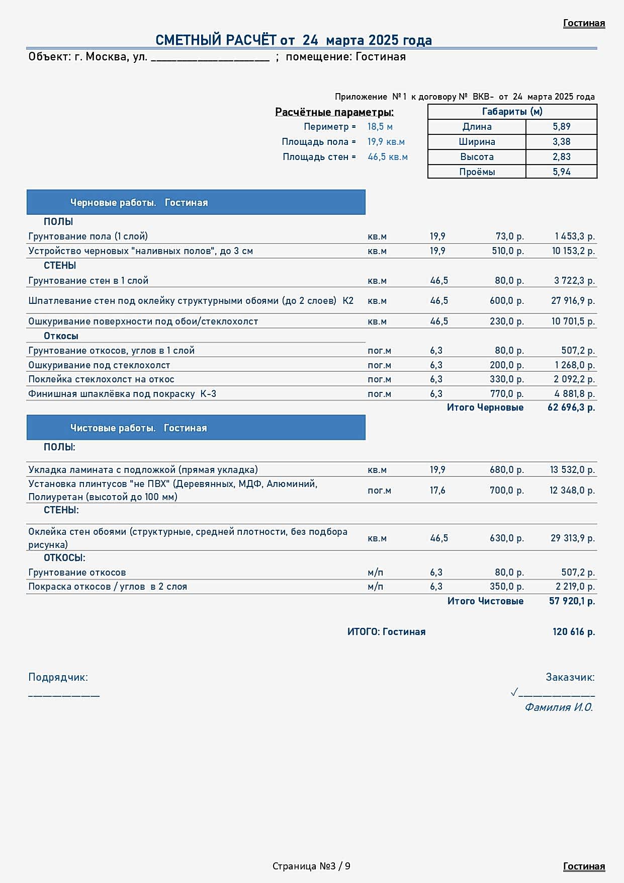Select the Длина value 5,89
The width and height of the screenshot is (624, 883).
pos(561,127)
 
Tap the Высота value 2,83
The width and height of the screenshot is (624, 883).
pos(561,157)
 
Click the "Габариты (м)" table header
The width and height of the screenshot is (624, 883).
pos(512,112)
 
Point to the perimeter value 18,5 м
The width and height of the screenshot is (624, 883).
pos(380,127)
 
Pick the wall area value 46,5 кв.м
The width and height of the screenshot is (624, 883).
pos(387,157)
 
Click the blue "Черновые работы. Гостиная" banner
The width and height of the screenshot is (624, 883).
pos(196,202)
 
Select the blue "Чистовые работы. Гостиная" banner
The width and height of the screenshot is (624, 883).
pos(196,428)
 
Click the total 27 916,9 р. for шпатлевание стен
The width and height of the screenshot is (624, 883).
pos(573,301)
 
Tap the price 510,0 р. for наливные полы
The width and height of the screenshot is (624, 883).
pos(507,251)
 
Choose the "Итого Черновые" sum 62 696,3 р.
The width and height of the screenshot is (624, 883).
pos(571,408)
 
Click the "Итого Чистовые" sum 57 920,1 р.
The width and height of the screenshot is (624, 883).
pos(572,601)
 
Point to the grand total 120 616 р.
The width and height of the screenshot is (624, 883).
pos(573,632)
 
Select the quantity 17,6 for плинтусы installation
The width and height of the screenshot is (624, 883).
pos(437,490)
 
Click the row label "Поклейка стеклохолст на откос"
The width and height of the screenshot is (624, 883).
pos(101,379)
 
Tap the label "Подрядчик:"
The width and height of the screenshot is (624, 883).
pos(58,677)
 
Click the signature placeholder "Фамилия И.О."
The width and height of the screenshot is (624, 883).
pos(559,707)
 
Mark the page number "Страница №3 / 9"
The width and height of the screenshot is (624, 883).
pos(311,866)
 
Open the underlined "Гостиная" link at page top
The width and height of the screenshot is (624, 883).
pos(584,23)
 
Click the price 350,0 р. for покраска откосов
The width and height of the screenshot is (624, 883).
pos(506,587)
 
